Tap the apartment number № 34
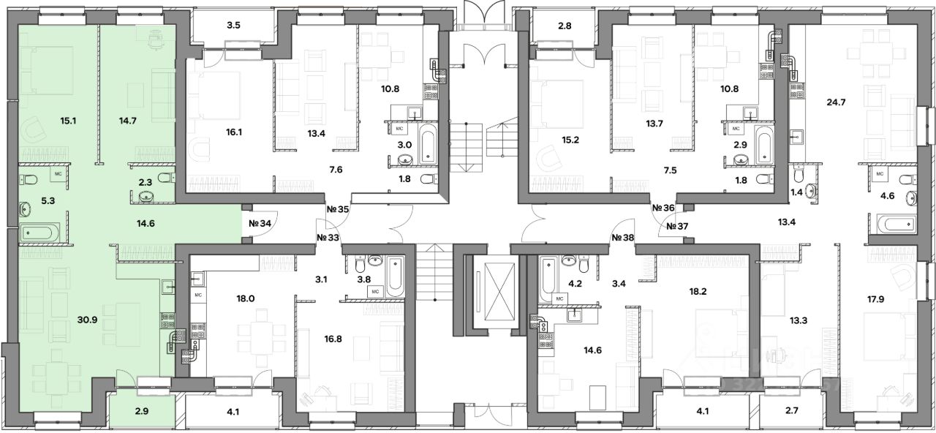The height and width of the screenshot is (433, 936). pos(260,224)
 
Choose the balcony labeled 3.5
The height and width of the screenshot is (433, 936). pos(234,26)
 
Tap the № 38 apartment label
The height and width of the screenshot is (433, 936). pos(622,238)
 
